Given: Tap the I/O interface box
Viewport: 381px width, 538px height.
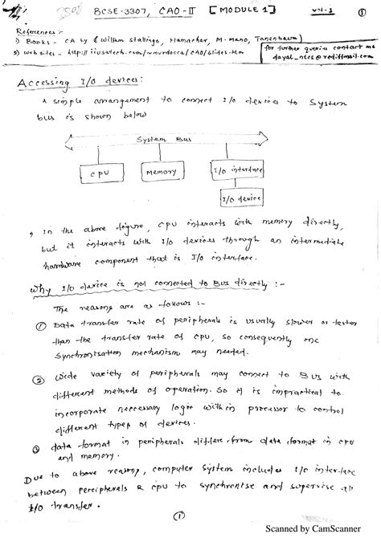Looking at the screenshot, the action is [231, 171].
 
